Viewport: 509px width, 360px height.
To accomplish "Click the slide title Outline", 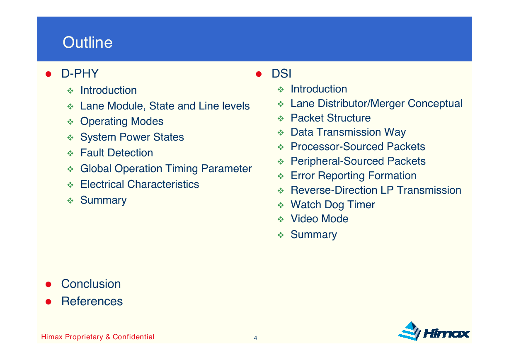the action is pos(87,42).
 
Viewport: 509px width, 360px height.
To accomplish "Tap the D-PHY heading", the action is pos(80,73).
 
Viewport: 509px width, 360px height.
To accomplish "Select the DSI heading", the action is pos(281,73).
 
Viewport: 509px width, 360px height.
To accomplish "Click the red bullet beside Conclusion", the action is pos(48,284).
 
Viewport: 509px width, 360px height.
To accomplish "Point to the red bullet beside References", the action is pos(48,302).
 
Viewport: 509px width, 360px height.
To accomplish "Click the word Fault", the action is pos(92,153).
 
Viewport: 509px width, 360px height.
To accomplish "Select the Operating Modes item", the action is pos(122,122).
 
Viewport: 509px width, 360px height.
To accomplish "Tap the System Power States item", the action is pos(132,137).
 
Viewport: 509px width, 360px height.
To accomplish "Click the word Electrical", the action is pos(102,184).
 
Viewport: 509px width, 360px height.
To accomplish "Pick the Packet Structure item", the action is pos(331,118).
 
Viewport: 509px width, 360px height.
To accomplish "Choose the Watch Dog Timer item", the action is pos(333,204).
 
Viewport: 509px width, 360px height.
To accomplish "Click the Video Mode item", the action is pos(320,219).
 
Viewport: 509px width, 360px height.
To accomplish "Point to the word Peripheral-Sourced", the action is pos(338,161).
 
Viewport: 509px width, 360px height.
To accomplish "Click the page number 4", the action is pos(255,338).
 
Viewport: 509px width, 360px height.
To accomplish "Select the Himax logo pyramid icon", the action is pos(409,331).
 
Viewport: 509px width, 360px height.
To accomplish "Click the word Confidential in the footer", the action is pos(133,337).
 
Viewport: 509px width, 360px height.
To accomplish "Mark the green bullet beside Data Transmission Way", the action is pos(281,133).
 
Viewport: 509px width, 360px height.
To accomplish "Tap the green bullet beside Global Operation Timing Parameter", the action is pos(70,169).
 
